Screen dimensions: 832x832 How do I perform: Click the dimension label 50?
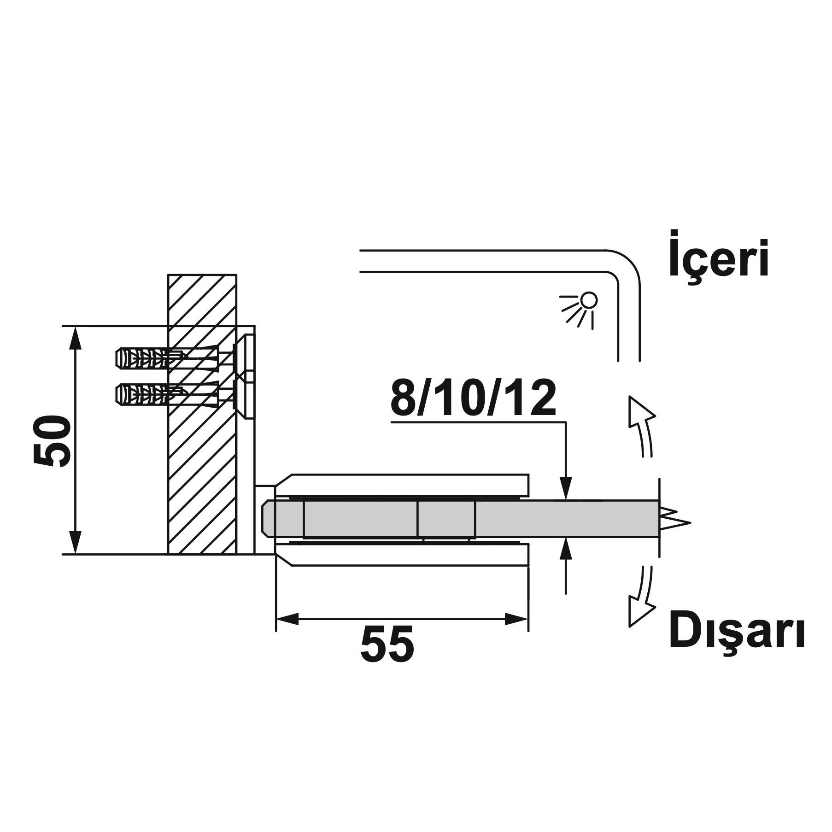(52, 440)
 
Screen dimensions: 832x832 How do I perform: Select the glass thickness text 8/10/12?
(473, 398)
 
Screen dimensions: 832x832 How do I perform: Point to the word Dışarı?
(737, 634)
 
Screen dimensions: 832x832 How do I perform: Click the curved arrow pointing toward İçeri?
(642, 424)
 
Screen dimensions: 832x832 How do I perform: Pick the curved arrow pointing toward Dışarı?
(642, 597)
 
